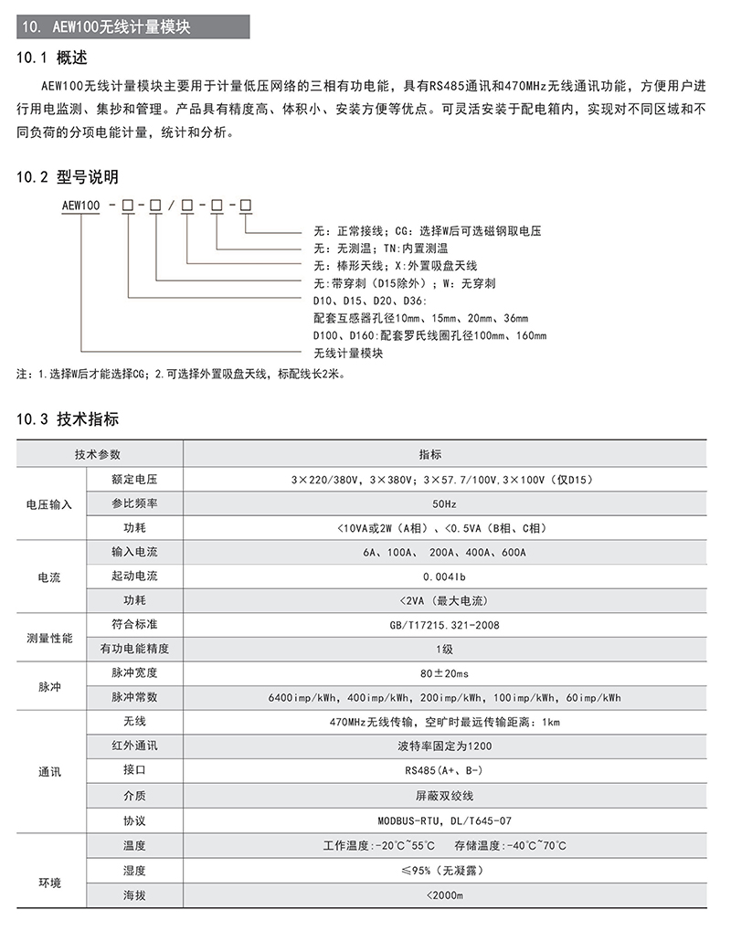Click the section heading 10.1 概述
53,58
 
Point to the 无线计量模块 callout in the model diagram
347,353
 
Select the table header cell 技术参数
98,454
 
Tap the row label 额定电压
134,479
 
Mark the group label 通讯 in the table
49,772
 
